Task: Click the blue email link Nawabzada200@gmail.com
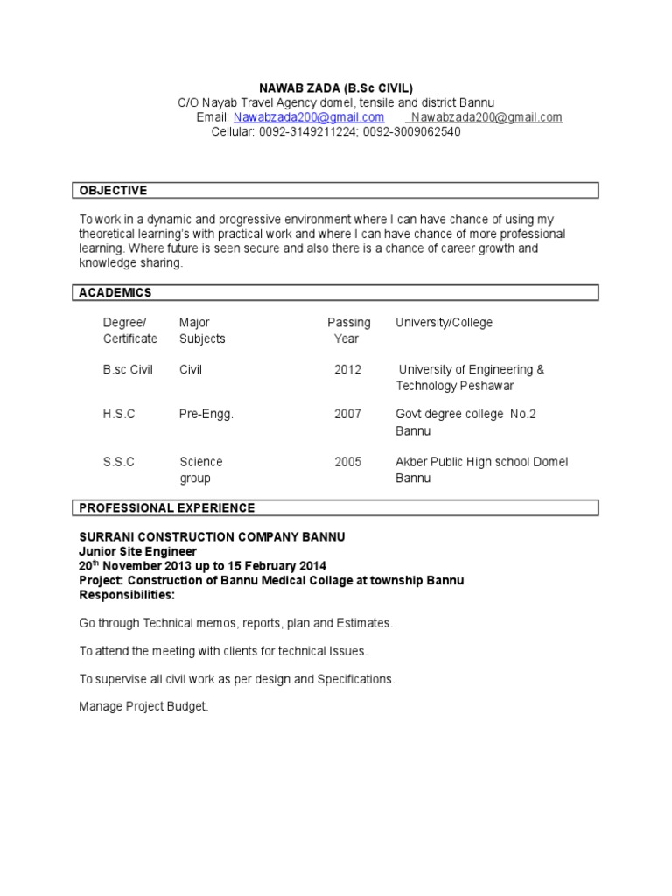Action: point(309,117)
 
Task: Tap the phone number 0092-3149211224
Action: point(307,132)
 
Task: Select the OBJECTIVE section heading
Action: point(114,191)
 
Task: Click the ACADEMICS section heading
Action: point(115,293)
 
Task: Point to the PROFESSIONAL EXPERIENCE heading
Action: point(167,508)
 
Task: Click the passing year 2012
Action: point(347,370)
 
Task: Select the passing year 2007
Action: point(347,415)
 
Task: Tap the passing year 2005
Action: point(347,462)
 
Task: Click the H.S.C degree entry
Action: point(119,415)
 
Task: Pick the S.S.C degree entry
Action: point(119,462)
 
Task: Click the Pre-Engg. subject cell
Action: point(206,415)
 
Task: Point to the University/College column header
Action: point(444,323)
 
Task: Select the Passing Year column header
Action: point(348,331)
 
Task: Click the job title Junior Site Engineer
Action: point(137,551)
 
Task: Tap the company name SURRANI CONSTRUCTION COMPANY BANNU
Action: point(212,536)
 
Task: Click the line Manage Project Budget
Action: point(143,706)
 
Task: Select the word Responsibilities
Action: point(126,595)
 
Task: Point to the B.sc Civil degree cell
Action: point(128,370)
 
